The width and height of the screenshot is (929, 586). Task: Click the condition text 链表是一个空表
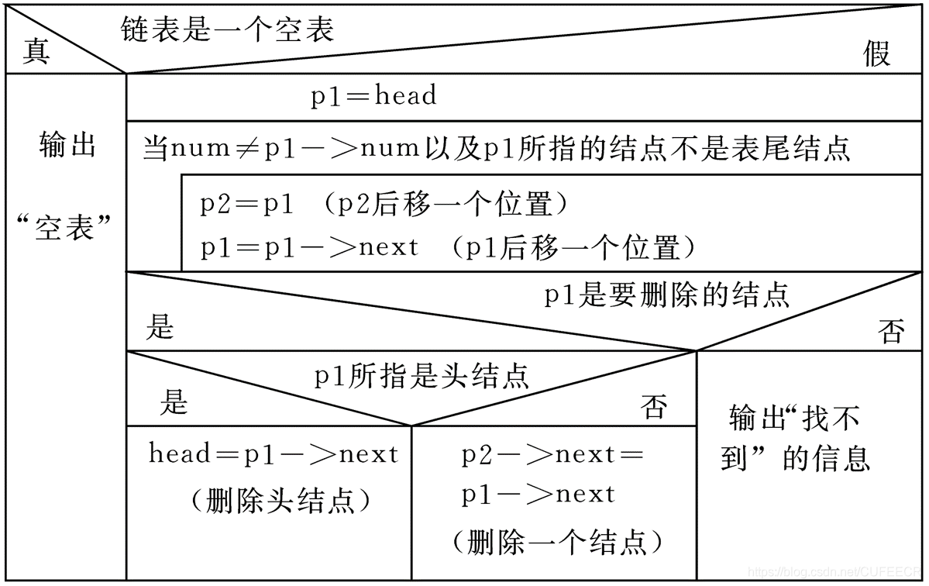click(227, 29)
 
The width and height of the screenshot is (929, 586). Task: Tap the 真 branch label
click(36, 53)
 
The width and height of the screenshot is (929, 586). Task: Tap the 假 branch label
click(876, 54)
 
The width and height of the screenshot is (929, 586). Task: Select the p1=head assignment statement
click(373, 96)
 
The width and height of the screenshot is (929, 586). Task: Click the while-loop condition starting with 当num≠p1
click(496, 147)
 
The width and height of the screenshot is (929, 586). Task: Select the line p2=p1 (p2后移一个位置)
click(384, 205)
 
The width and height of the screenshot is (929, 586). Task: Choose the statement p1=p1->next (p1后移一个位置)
click(448, 248)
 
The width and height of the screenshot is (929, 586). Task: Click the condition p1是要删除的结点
click(666, 295)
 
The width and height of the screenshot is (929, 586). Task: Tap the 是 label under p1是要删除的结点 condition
click(160, 329)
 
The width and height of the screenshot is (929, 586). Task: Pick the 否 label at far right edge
click(891, 333)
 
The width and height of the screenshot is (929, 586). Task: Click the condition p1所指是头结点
click(421, 377)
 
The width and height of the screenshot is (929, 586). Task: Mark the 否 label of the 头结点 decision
click(654, 407)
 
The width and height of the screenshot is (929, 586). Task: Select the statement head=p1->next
click(273, 454)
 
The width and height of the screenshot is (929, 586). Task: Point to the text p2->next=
click(552, 456)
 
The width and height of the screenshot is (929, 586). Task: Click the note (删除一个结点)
click(557, 541)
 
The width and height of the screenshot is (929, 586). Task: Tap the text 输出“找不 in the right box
click(794, 419)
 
